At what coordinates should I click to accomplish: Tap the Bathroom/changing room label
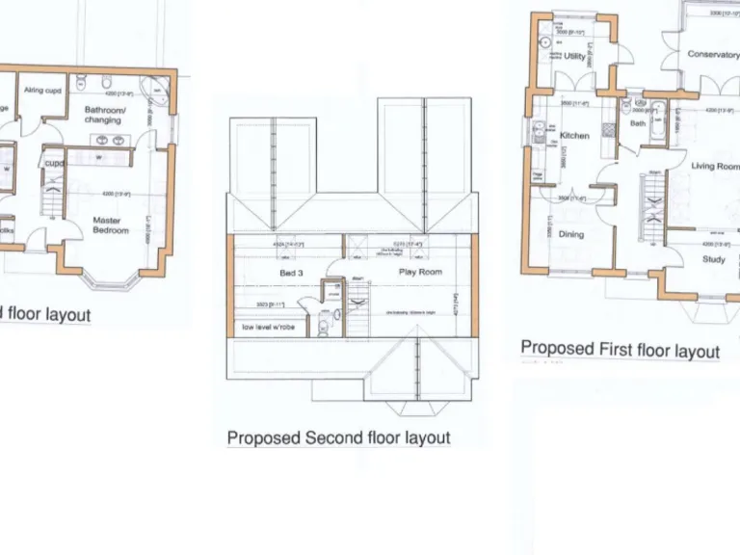[x=103, y=115]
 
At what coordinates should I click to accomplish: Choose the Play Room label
[x=420, y=272]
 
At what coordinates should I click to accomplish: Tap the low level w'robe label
[x=269, y=328]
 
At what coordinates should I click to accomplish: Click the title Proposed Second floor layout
[x=338, y=437]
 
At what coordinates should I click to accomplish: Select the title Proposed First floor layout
[x=620, y=349]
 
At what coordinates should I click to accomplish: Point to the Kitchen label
[x=574, y=136]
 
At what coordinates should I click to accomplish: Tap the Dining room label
[x=571, y=234]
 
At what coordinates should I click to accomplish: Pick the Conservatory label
[x=713, y=55]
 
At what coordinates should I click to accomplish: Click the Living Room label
[x=715, y=167]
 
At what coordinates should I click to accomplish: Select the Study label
[x=713, y=259]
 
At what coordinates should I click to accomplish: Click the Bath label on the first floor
[x=638, y=123]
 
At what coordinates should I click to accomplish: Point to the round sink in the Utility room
[x=544, y=42]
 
